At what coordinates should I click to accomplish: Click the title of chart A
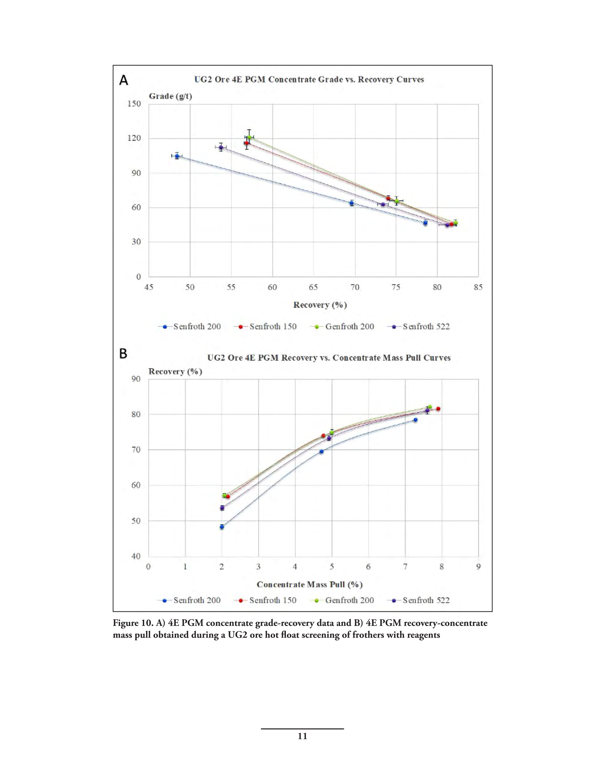click(x=309, y=79)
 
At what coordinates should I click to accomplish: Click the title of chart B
click(x=329, y=357)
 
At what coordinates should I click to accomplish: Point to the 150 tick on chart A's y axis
click(x=134, y=104)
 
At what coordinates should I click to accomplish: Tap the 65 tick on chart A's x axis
click(x=313, y=287)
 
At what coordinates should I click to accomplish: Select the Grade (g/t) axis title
click(x=170, y=96)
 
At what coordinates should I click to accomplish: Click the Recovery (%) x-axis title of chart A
click(x=320, y=305)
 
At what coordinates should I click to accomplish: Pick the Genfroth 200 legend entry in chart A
click(x=342, y=327)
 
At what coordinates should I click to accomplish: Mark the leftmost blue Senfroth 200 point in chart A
click(x=177, y=156)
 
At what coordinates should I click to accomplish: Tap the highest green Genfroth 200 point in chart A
click(x=249, y=137)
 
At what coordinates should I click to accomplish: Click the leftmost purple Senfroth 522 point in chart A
click(x=221, y=148)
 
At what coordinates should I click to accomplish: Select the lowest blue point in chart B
click(x=222, y=527)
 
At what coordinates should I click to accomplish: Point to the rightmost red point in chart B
click(x=438, y=409)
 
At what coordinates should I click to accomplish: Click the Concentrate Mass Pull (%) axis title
click(x=310, y=584)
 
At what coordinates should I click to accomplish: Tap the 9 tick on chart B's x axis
click(x=478, y=567)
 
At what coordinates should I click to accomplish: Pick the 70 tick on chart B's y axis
click(x=136, y=450)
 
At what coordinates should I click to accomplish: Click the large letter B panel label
click(x=123, y=354)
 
